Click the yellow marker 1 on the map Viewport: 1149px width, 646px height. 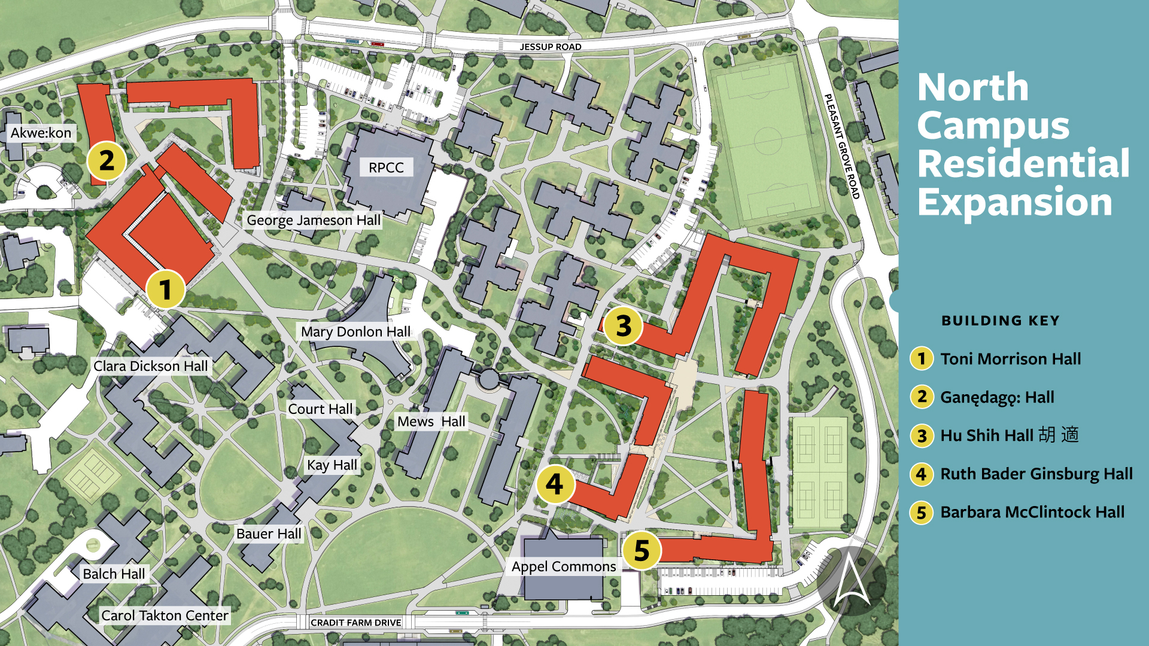coord(165,290)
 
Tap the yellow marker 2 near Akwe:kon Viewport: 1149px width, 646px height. coord(107,161)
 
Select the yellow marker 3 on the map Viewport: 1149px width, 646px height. coord(623,326)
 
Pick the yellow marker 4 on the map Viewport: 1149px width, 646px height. coord(555,484)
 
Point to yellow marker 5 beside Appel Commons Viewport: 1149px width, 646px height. coord(641,551)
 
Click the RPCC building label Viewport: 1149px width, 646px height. coord(386,167)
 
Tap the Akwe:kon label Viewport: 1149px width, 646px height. coord(41,133)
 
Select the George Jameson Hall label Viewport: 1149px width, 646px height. coord(314,220)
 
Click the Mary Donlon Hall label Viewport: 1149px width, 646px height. coord(355,331)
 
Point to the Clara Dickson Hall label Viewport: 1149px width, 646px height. coord(151,366)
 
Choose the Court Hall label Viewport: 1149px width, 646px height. coord(320,409)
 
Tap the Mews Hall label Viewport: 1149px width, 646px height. coord(431,422)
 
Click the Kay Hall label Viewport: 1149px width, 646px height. coord(332,465)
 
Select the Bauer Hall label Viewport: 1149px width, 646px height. coord(269,534)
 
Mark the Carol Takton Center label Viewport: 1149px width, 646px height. coord(165,615)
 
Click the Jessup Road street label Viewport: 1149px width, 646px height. coord(551,47)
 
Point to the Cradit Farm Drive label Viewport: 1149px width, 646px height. coord(356,623)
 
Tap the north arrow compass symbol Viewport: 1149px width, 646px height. coord(851,580)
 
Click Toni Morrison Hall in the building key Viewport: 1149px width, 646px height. coord(1010,359)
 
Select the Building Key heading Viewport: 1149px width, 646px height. coord(1001,321)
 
